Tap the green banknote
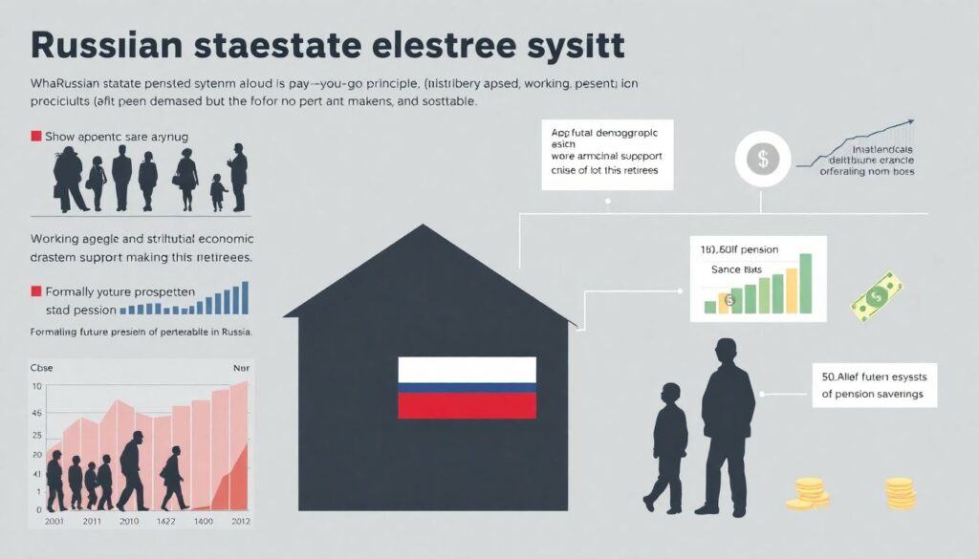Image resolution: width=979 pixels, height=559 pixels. click(x=877, y=296)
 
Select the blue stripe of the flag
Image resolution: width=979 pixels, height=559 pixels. click(x=467, y=388)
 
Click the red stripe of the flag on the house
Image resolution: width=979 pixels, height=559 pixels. click(x=467, y=405)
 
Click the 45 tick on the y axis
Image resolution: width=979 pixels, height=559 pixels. click(x=36, y=414)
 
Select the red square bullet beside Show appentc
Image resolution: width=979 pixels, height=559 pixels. click(x=36, y=138)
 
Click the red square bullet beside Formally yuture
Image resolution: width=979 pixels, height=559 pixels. click(x=36, y=290)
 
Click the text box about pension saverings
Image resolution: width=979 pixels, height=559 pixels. click(x=873, y=384)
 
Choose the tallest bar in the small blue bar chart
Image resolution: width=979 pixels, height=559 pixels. click(x=245, y=297)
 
